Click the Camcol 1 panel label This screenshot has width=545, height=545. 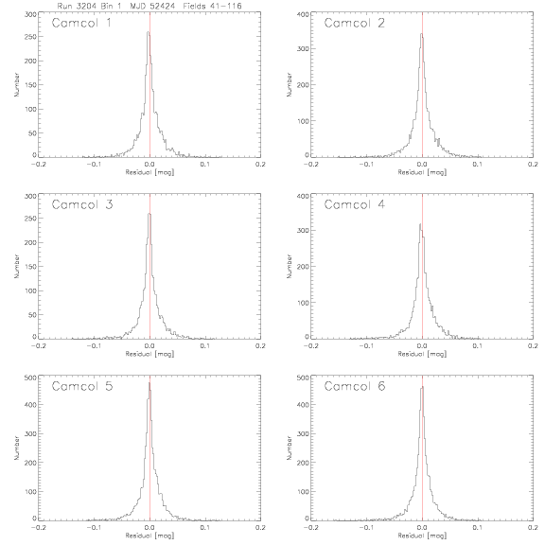pos(81,23)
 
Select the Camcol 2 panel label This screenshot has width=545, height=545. pos(355,23)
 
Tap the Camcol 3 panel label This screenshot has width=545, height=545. pos(82,204)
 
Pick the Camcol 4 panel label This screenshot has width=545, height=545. pos(355,204)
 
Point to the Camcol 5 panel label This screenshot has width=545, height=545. pos(82,386)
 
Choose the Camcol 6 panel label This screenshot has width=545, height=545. pos(355,386)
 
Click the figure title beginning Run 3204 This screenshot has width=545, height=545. pos(149,6)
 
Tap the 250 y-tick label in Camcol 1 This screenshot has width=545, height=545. pos(30,37)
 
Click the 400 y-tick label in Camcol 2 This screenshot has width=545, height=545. pos(303,14)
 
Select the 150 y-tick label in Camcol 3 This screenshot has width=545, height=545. pos(30,267)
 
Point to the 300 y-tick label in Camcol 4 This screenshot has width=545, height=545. pos(303,230)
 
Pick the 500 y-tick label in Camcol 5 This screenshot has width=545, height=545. pos(30,378)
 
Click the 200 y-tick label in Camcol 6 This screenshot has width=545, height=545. pos(303,463)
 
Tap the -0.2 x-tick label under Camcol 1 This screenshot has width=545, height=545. pos(38,165)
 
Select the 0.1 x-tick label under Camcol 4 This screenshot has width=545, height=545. pos(478,346)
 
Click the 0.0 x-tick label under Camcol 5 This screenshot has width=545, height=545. pos(149,528)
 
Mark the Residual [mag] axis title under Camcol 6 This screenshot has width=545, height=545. pos(422,536)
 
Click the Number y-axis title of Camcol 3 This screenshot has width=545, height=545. pos(16,266)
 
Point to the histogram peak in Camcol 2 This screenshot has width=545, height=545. pos(422,34)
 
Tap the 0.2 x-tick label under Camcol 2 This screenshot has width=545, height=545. pos(534,165)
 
